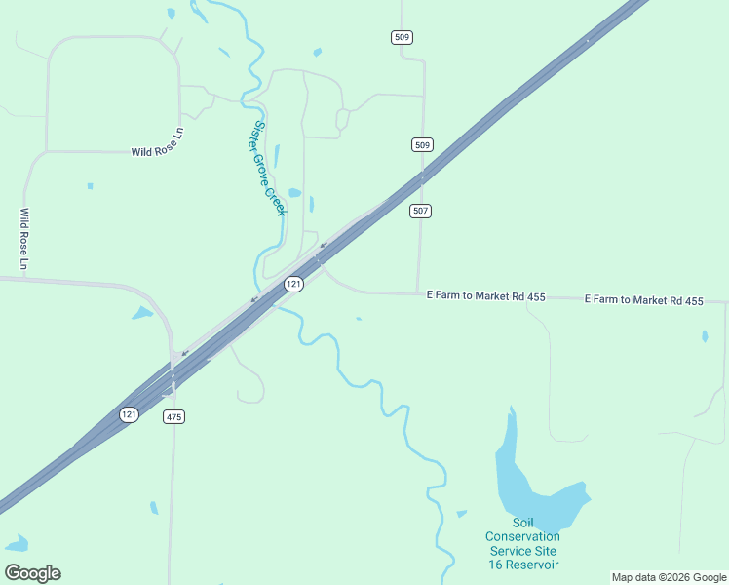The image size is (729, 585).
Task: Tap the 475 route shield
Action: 173,417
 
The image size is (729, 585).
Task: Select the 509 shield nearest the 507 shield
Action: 421,144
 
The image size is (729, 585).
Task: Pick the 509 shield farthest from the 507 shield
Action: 403,37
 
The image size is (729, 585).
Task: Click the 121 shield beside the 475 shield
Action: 130,414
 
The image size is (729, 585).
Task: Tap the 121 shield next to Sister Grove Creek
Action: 294,284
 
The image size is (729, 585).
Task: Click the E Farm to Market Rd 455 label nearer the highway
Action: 485,295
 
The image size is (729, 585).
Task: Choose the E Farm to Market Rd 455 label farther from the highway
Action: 643,301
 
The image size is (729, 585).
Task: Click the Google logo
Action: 32,573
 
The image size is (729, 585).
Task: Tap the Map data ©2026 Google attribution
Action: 669,577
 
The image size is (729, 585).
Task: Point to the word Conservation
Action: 523,536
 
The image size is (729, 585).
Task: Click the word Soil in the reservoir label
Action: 523,523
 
